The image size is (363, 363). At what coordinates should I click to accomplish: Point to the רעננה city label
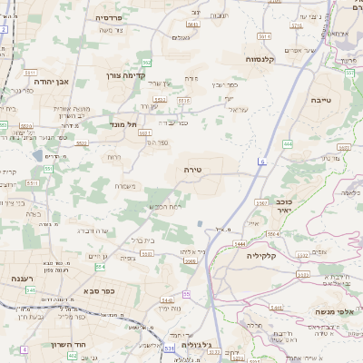[24, 279]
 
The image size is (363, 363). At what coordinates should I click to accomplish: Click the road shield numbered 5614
[264, 37]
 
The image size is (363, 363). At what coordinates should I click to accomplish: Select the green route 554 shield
[100, 266]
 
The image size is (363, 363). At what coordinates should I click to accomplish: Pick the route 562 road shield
[146, 62]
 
